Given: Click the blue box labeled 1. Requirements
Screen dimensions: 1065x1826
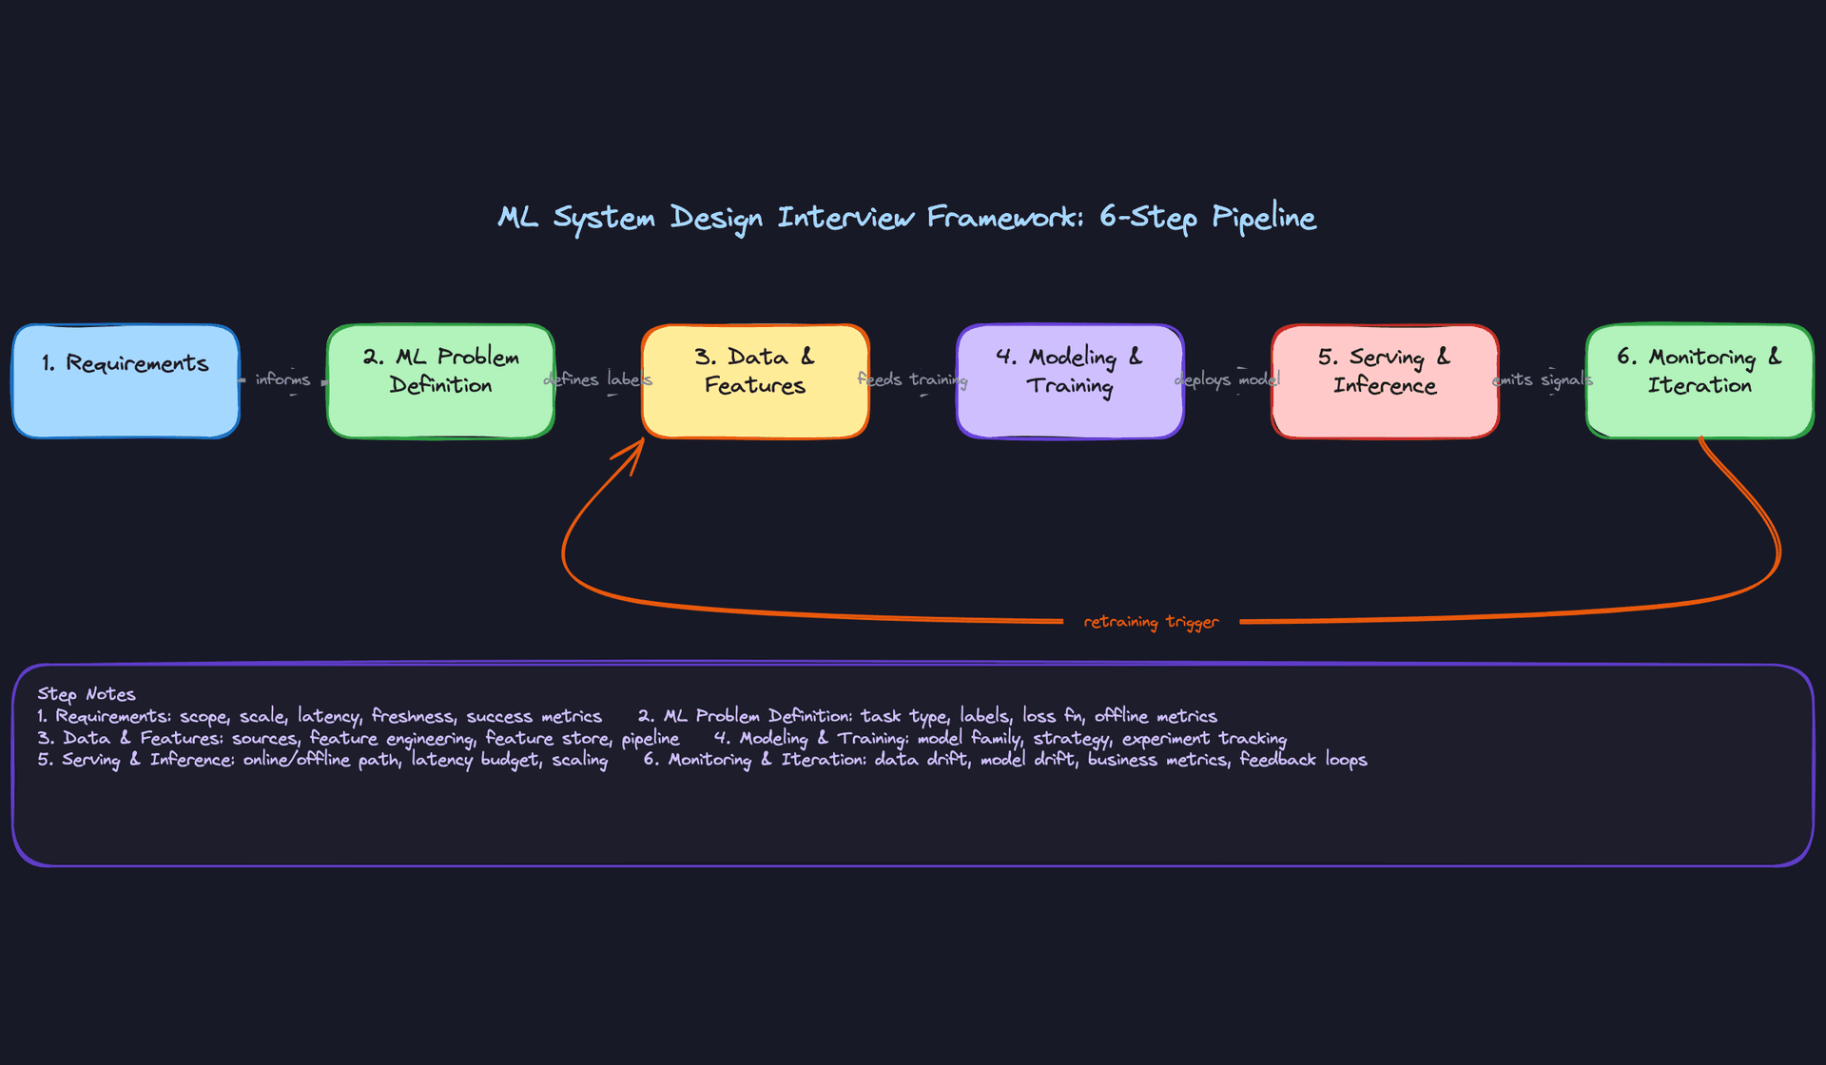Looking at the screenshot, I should [x=126, y=382].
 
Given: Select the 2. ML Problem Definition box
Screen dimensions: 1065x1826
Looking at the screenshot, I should [x=440, y=382].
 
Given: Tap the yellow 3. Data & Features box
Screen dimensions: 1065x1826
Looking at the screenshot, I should [x=755, y=382].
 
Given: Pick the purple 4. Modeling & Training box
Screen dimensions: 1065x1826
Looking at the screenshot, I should [x=1070, y=382].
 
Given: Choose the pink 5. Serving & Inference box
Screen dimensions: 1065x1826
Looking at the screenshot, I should [x=1385, y=382].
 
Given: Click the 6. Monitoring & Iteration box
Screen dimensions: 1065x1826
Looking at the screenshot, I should [x=1700, y=382].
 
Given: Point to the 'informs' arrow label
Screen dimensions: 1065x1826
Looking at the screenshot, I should [x=282, y=379].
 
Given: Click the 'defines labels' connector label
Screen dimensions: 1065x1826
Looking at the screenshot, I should [x=598, y=379].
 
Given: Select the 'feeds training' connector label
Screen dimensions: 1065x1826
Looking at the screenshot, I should [x=912, y=379].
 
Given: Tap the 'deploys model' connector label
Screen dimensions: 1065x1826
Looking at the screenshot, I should [x=1228, y=379].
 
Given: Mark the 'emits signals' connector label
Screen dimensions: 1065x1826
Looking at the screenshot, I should [x=1542, y=379].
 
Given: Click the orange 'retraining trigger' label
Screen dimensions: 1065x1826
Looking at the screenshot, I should [x=1151, y=622].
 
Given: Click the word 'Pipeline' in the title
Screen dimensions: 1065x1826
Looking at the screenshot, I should [x=1263, y=218].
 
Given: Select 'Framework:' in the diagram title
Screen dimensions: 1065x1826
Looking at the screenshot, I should [x=1005, y=218].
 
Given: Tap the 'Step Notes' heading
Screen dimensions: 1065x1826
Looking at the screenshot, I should [x=87, y=694].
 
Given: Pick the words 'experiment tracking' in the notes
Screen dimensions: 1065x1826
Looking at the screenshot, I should [x=1204, y=738].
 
